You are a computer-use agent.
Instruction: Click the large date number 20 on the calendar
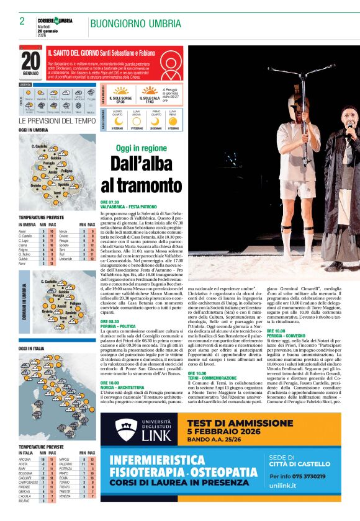pos(30,61)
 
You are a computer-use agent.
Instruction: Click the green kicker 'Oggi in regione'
pos(142,148)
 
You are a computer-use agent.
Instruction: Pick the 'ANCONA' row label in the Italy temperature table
pos(25,459)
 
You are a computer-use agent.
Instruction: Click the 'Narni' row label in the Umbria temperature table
pos(22,263)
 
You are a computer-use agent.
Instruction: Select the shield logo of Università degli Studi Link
pos(125,430)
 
